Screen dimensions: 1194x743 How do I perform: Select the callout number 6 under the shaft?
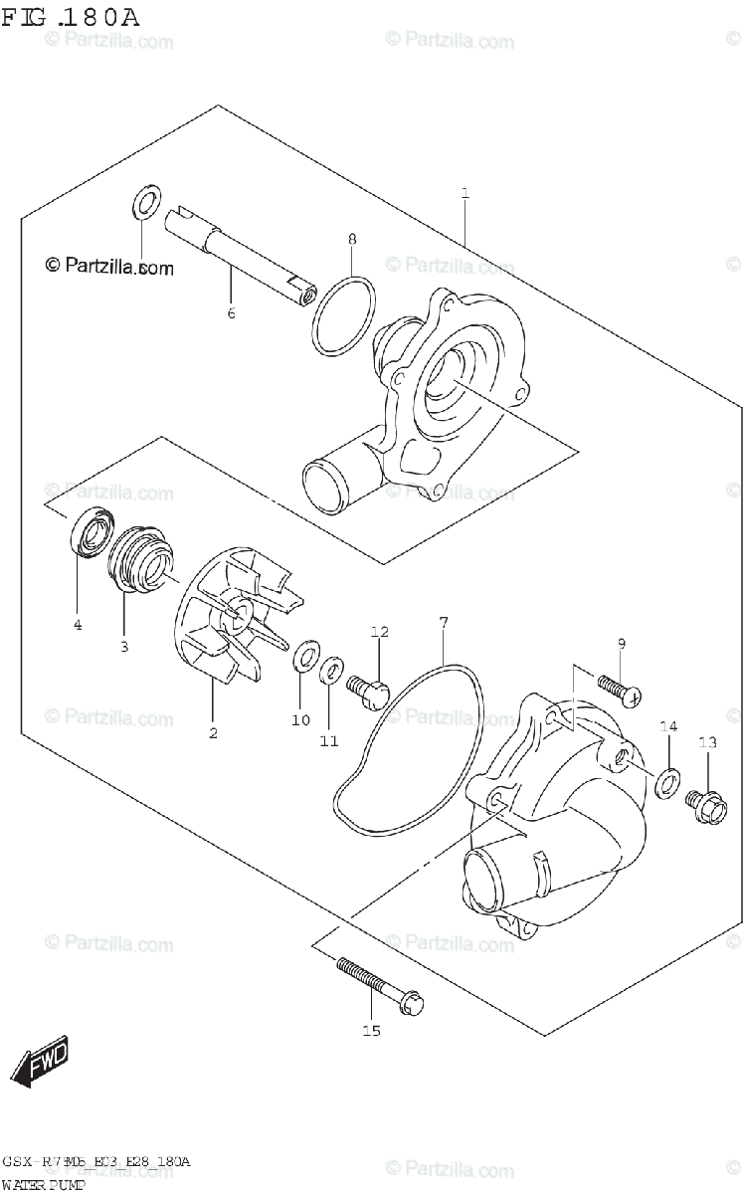(x=231, y=314)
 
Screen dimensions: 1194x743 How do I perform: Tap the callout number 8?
(x=352, y=239)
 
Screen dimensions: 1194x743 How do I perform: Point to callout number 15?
(x=371, y=1031)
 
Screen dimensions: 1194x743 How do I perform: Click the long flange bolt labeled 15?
(x=378, y=984)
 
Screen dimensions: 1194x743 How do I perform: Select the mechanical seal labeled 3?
(x=138, y=559)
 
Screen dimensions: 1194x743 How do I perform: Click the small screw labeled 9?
(x=617, y=687)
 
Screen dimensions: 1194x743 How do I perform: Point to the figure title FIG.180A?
(x=70, y=17)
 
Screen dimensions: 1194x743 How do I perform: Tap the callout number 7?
(x=444, y=622)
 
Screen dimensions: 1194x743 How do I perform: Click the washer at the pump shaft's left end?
(x=145, y=203)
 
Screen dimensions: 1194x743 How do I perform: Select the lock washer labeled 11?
(x=332, y=672)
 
